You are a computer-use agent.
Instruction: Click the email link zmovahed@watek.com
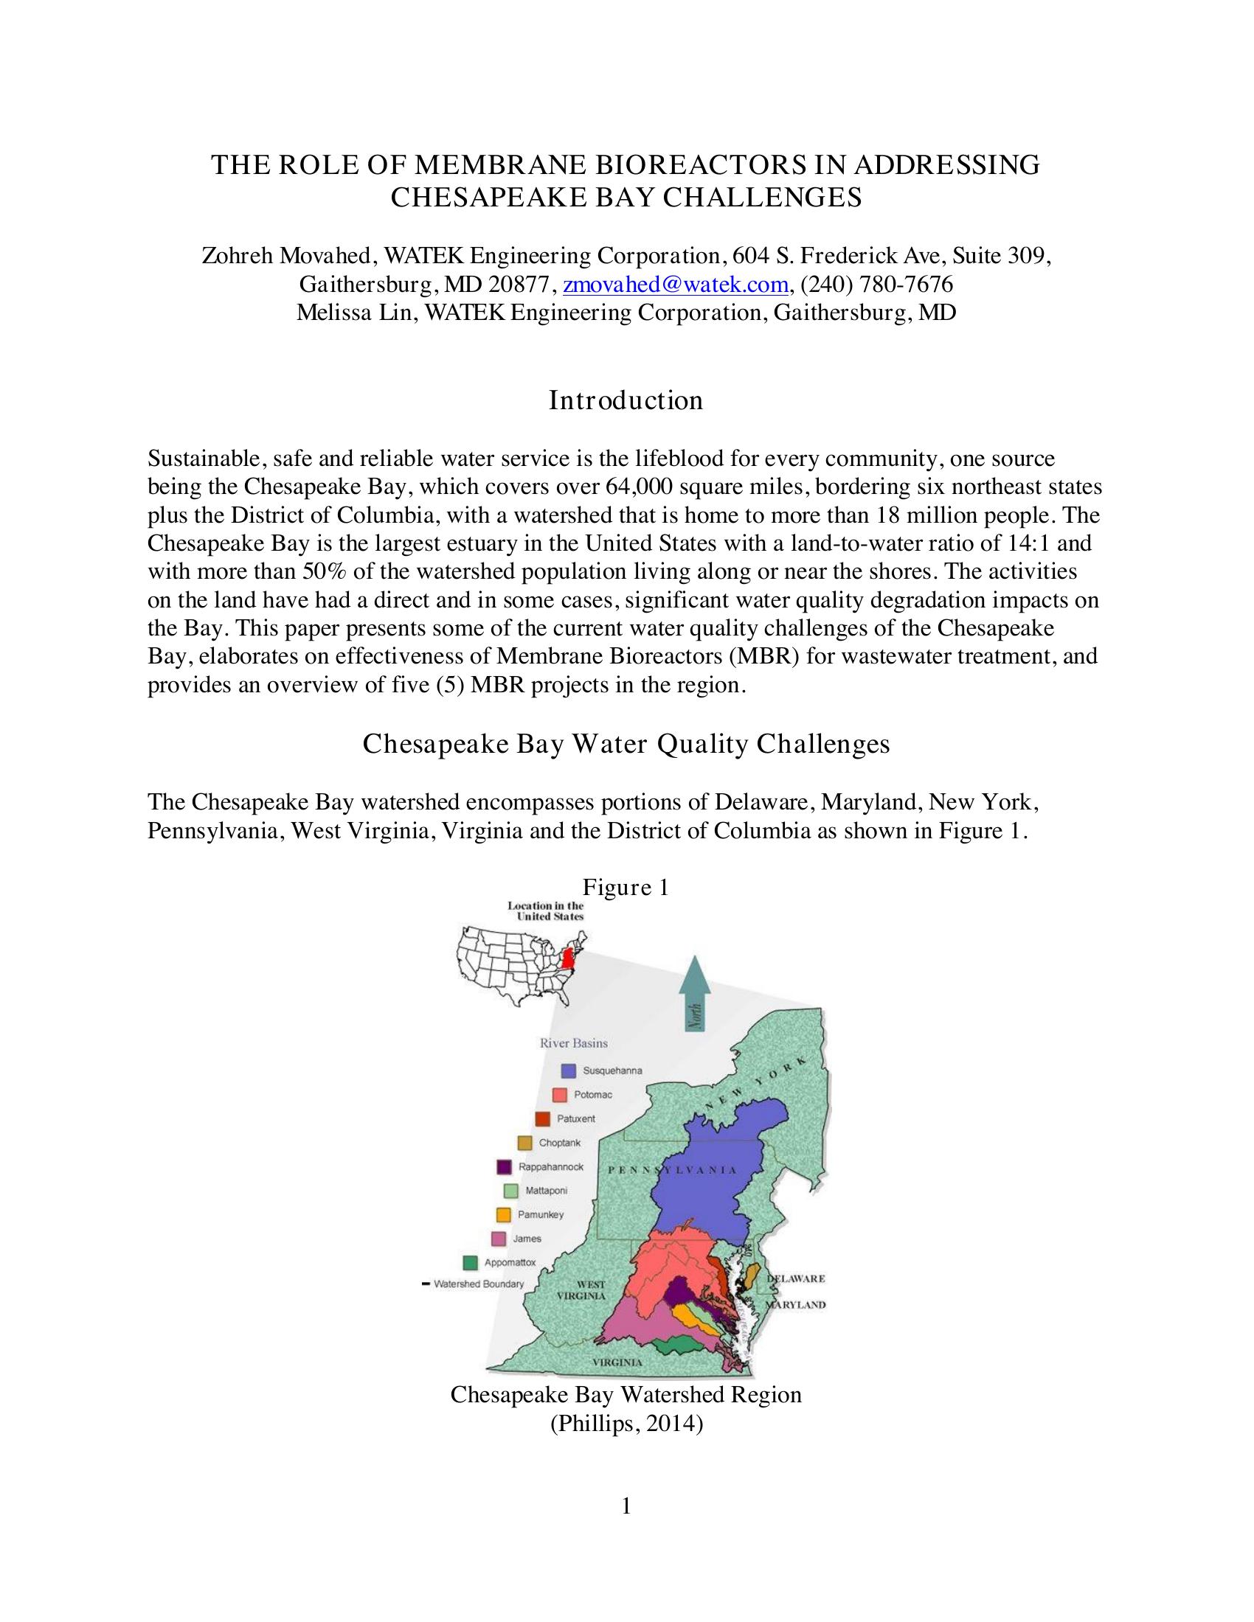[x=675, y=285]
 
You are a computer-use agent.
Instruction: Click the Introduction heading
[x=626, y=400]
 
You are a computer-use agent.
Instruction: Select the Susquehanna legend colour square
[x=569, y=1071]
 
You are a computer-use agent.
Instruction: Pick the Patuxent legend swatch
[x=542, y=1118]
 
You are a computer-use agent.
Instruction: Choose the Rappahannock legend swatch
[x=505, y=1167]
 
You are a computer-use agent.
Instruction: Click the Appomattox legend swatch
[x=469, y=1262]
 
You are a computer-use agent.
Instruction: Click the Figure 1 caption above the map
[x=626, y=887]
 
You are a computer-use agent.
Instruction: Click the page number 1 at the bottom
[x=626, y=1506]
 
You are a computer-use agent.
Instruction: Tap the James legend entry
[x=526, y=1239]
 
